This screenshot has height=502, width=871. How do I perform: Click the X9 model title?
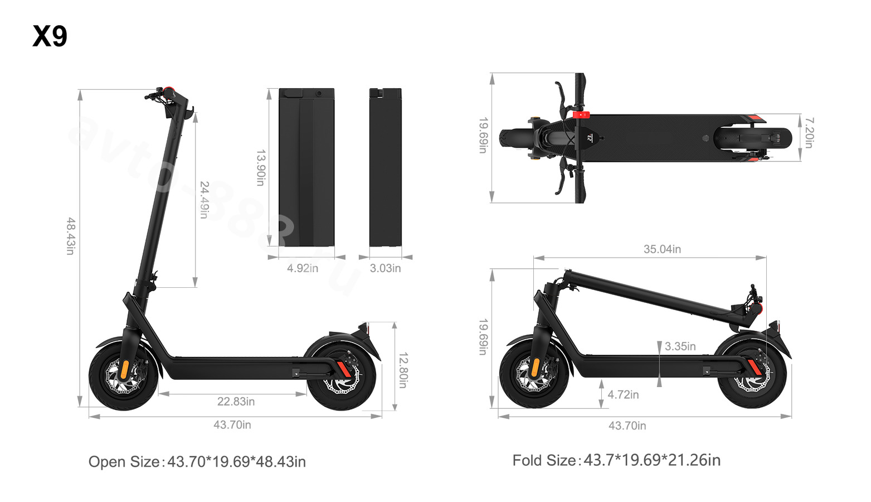50,36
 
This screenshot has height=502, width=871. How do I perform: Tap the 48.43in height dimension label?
70,236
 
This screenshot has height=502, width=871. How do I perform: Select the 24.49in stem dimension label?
204,200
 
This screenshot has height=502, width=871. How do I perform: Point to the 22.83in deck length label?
236,401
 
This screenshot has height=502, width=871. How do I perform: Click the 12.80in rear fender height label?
403,370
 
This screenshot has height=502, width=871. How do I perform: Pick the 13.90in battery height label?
261,168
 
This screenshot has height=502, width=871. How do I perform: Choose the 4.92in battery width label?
303,268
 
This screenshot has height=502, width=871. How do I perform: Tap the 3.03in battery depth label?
385,268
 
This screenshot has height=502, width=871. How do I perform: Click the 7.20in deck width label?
809,133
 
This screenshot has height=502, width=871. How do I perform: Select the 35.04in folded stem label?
662,249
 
